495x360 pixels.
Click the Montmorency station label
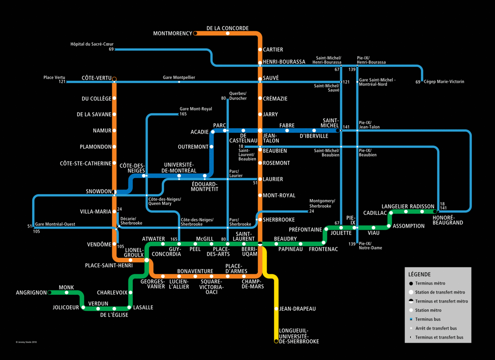click(172, 33)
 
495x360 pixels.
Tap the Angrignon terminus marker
click(49, 293)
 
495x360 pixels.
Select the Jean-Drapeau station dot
click(276, 308)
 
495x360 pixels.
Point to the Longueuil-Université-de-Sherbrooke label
click(299, 336)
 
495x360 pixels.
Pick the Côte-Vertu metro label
click(97, 78)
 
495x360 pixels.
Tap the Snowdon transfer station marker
click(115, 192)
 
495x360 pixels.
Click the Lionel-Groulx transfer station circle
click(147, 260)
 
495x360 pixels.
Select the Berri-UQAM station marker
click(260, 244)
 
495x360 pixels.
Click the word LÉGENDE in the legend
click(420, 274)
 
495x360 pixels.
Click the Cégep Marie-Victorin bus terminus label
click(444, 82)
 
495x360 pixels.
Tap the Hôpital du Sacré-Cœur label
click(92, 44)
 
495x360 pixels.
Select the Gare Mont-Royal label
click(196, 109)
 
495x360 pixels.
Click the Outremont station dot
click(212, 147)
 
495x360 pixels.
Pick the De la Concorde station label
click(227, 28)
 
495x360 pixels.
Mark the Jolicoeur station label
click(66, 307)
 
